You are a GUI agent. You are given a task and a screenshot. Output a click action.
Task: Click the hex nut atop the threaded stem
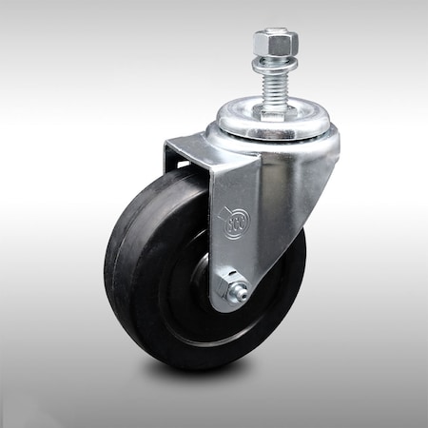276,44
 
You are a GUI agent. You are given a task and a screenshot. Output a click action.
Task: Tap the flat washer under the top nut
275,66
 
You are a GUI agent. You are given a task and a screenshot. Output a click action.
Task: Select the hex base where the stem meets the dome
274,107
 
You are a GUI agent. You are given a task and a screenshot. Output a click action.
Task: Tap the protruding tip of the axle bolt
243,292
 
